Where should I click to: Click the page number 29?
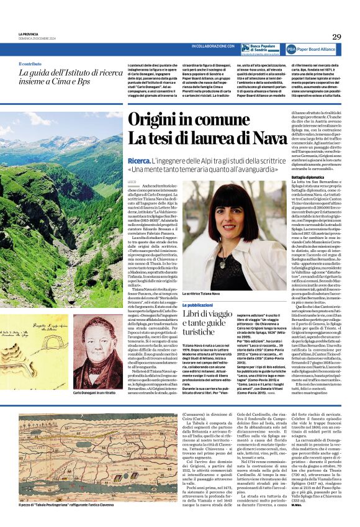tap(336, 37)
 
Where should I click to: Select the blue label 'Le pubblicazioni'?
tap(199, 305)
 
